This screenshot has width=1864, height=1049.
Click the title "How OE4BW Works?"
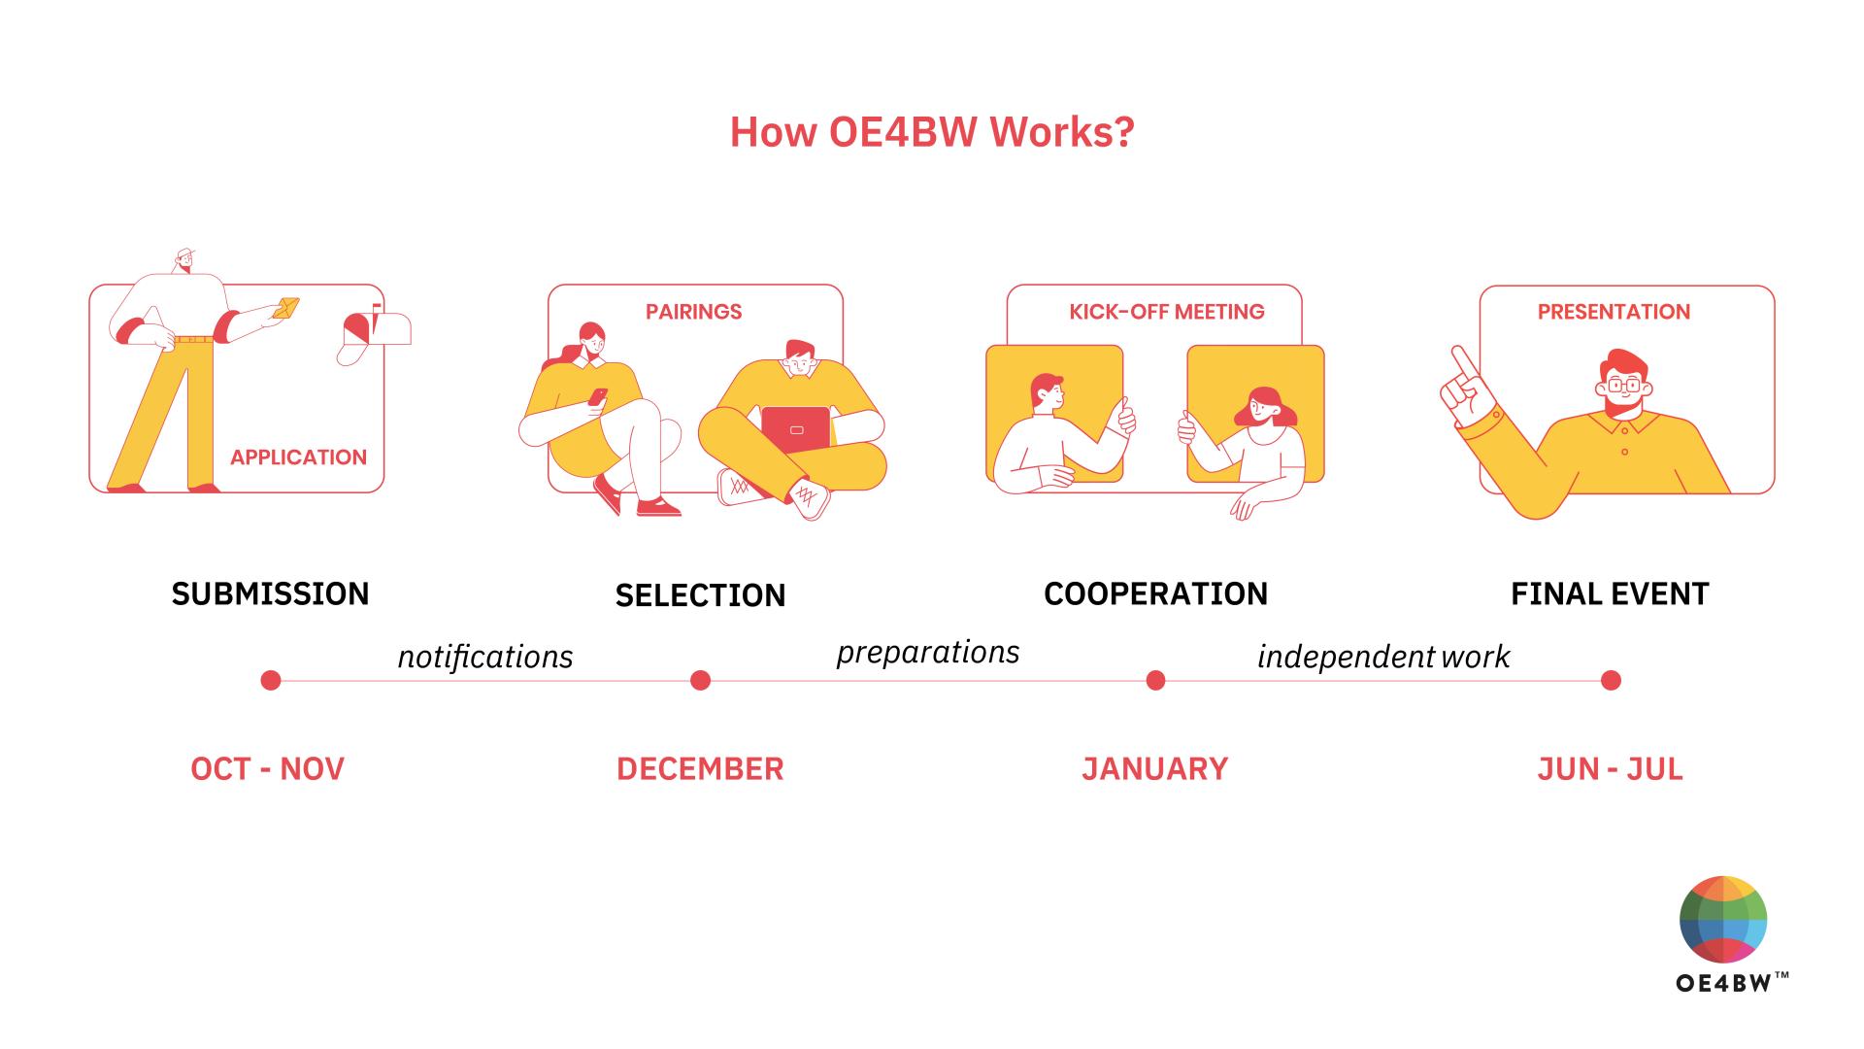[x=932, y=132]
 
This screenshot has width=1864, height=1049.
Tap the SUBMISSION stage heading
[x=270, y=593]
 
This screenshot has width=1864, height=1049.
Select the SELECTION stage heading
[x=700, y=595]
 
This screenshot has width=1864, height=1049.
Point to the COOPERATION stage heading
[x=1155, y=593]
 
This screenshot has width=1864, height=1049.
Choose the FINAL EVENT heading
[x=1610, y=593]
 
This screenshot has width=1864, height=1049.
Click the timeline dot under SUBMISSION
[x=271, y=680]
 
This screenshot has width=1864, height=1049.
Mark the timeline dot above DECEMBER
[x=700, y=680]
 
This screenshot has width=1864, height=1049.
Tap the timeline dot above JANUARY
[x=1155, y=680]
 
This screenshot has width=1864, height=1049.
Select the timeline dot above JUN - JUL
[x=1611, y=680]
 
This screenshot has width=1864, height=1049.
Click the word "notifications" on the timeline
[x=485, y=657]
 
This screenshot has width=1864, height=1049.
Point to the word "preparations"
[x=928, y=652]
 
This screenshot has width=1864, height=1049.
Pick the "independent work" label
[x=1383, y=657]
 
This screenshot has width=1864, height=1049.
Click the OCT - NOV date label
[x=267, y=769]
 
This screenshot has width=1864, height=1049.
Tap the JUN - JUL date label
[x=1610, y=769]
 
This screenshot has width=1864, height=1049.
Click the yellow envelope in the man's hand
[x=286, y=308]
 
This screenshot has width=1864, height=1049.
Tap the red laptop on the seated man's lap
[x=796, y=428]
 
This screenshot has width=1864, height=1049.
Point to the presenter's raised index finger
[x=1460, y=360]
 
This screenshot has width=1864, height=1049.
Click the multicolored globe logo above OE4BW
[x=1723, y=920]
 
